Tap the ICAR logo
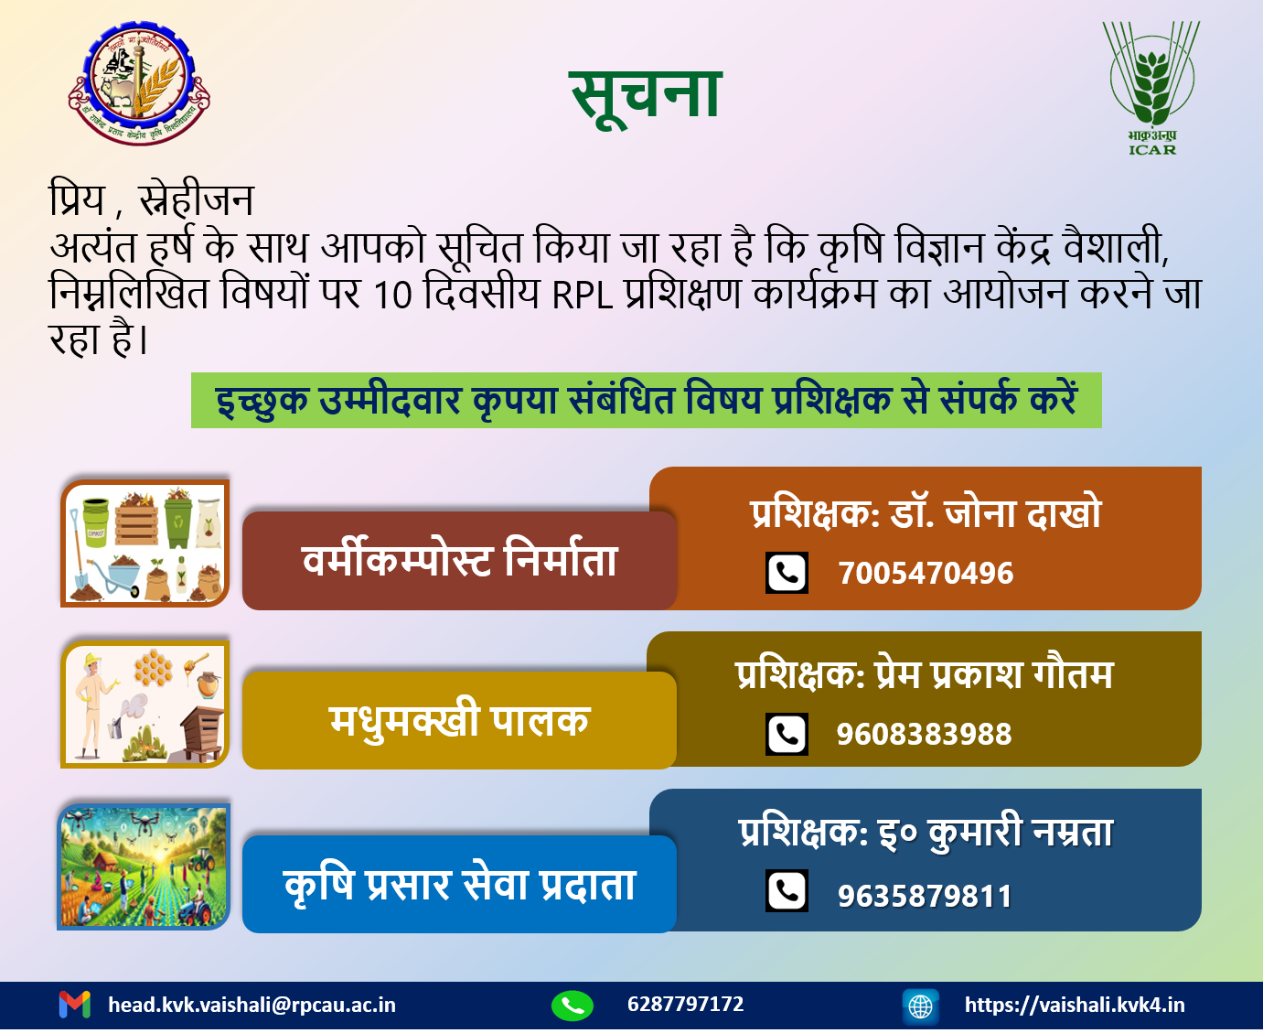pyautogui.click(x=1151, y=88)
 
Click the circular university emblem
pyautogui.click(x=139, y=82)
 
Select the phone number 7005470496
pyautogui.click(x=926, y=574)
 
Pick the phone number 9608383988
pyautogui.click(x=924, y=734)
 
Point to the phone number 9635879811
pyautogui.click(x=925, y=897)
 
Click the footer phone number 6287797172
pyautogui.click(x=685, y=1004)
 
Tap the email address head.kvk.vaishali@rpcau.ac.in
pyautogui.click(x=252, y=1005)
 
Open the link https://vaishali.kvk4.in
pyautogui.click(x=1075, y=1005)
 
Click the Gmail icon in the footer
pyautogui.click(x=75, y=1005)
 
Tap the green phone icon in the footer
pyautogui.click(x=573, y=1005)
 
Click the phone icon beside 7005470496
pyautogui.click(x=787, y=573)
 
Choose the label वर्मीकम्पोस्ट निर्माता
pyautogui.click(x=459, y=561)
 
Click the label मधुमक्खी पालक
pyautogui.click(x=459, y=721)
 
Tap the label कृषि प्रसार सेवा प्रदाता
pyautogui.click(x=459, y=885)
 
